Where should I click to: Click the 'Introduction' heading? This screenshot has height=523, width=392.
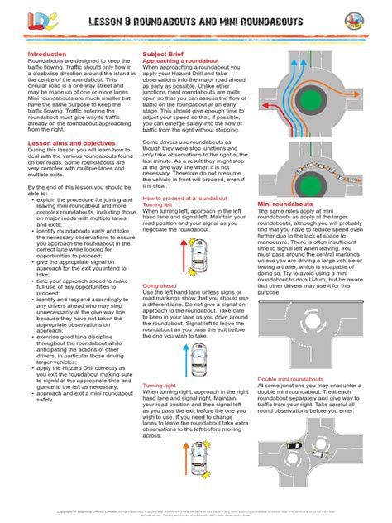click(46, 54)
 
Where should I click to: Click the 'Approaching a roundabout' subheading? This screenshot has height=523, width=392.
click(181, 60)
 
